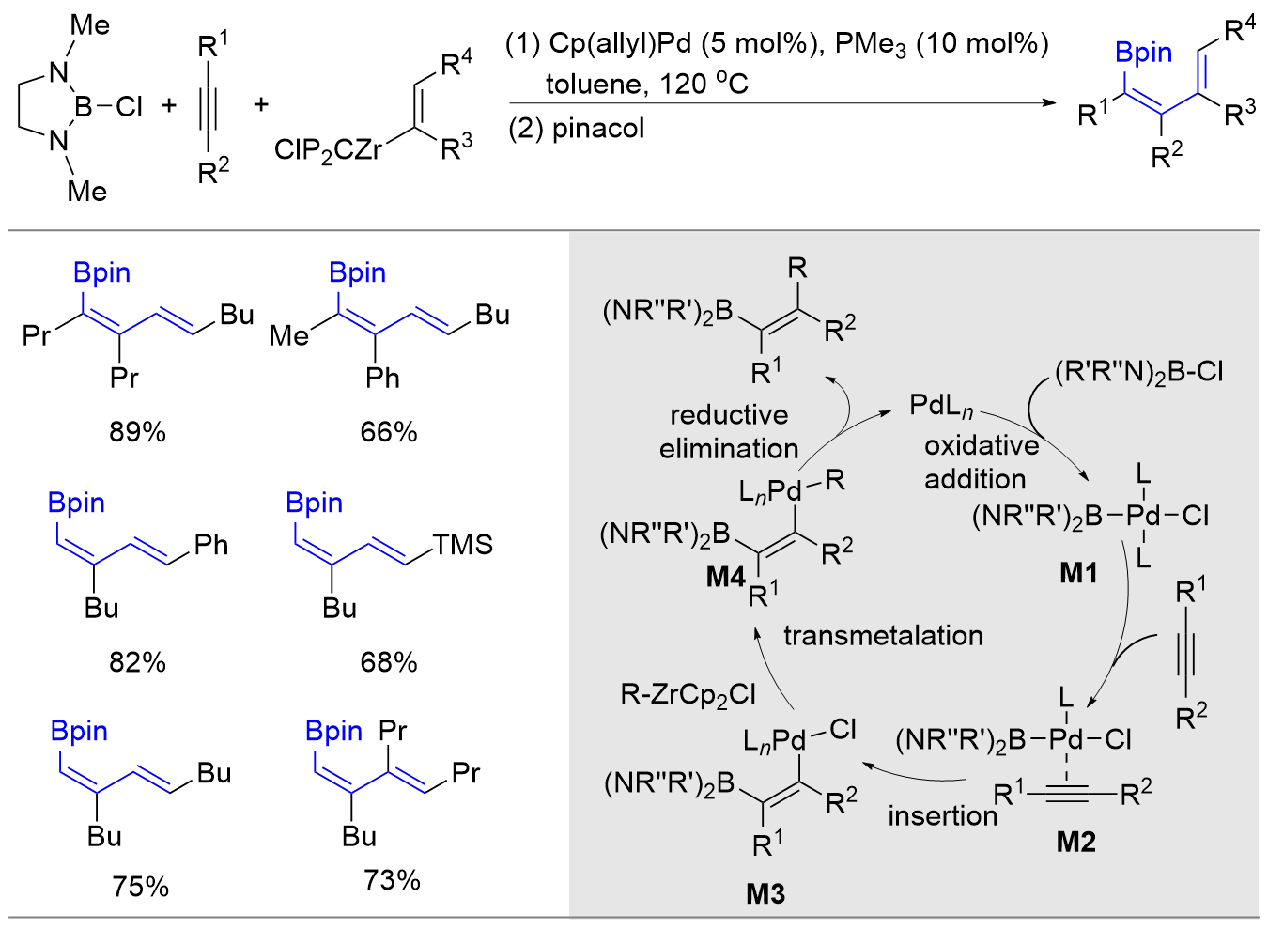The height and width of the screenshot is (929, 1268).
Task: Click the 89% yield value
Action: (x=137, y=432)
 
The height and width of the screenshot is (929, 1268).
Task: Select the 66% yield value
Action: (x=388, y=432)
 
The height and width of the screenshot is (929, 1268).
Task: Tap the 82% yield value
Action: (x=137, y=662)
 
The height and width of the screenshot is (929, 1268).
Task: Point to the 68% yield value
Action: (x=388, y=662)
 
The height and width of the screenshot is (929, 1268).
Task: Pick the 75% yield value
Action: (x=140, y=886)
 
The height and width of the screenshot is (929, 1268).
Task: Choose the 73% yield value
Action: (x=392, y=880)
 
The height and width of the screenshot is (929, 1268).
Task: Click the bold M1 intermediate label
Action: (x=1078, y=572)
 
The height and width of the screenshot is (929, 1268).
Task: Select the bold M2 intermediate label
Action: (x=1075, y=842)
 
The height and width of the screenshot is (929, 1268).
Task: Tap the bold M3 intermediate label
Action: (x=765, y=893)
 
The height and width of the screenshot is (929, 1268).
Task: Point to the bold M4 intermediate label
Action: (x=725, y=576)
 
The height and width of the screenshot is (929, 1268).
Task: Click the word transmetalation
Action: (x=883, y=636)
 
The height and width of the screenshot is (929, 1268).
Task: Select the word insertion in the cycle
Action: (x=942, y=815)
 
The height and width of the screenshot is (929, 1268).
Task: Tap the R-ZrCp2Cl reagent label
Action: (x=688, y=695)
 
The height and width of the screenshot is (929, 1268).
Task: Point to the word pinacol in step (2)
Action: (x=598, y=128)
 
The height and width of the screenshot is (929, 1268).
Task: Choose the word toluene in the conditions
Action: (x=594, y=85)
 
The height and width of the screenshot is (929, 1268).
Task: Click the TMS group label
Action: (x=462, y=545)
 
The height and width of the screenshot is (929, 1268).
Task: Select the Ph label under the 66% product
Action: (x=382, y=378)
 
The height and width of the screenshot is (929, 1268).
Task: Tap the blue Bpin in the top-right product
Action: (x=1143, y=53)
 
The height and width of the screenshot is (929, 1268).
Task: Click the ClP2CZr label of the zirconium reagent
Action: (x=328, y=149)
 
